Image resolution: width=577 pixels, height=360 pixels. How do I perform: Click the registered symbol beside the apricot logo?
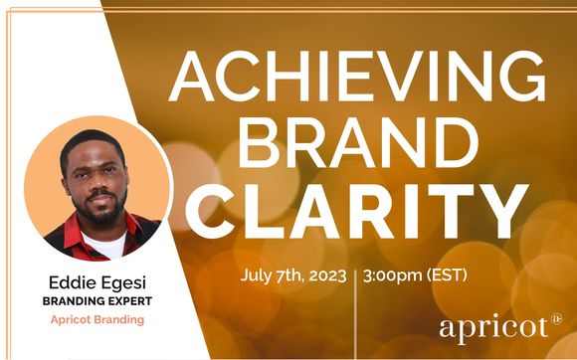pos(555,319)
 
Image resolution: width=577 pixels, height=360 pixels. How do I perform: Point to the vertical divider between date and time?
pos(355,283)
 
